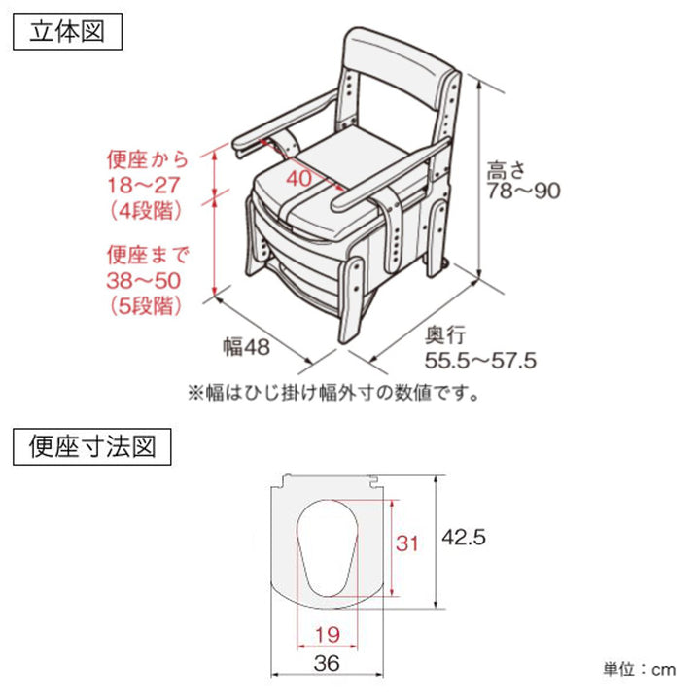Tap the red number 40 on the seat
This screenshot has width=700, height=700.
click(x=299, y=179)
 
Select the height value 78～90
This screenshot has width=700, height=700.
click(x=524, y=191)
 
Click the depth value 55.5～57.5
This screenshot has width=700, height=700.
click(x=480, y=361)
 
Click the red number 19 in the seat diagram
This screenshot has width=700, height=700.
click(x=329, y=635)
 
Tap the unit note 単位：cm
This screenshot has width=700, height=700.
click(x=637, y=669)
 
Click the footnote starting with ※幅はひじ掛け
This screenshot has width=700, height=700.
click(x=333, y=394)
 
